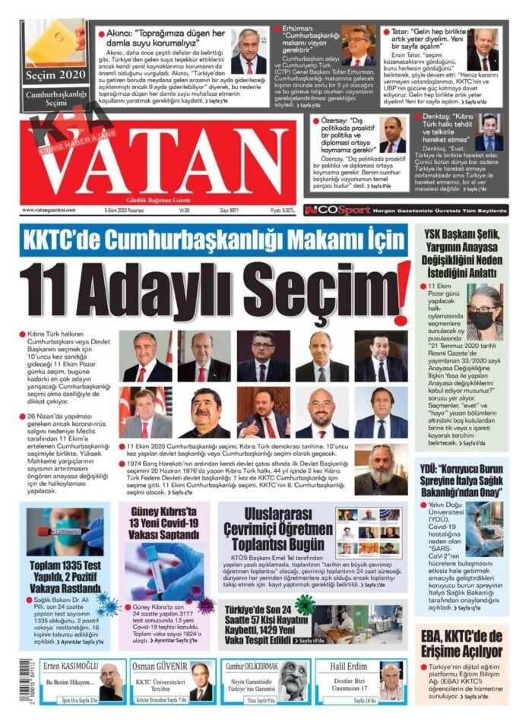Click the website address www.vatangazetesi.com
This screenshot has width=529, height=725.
point(54,210)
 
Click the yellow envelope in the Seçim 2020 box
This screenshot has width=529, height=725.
point(53,41)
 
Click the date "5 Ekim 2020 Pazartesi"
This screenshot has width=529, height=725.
point(128,210)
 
